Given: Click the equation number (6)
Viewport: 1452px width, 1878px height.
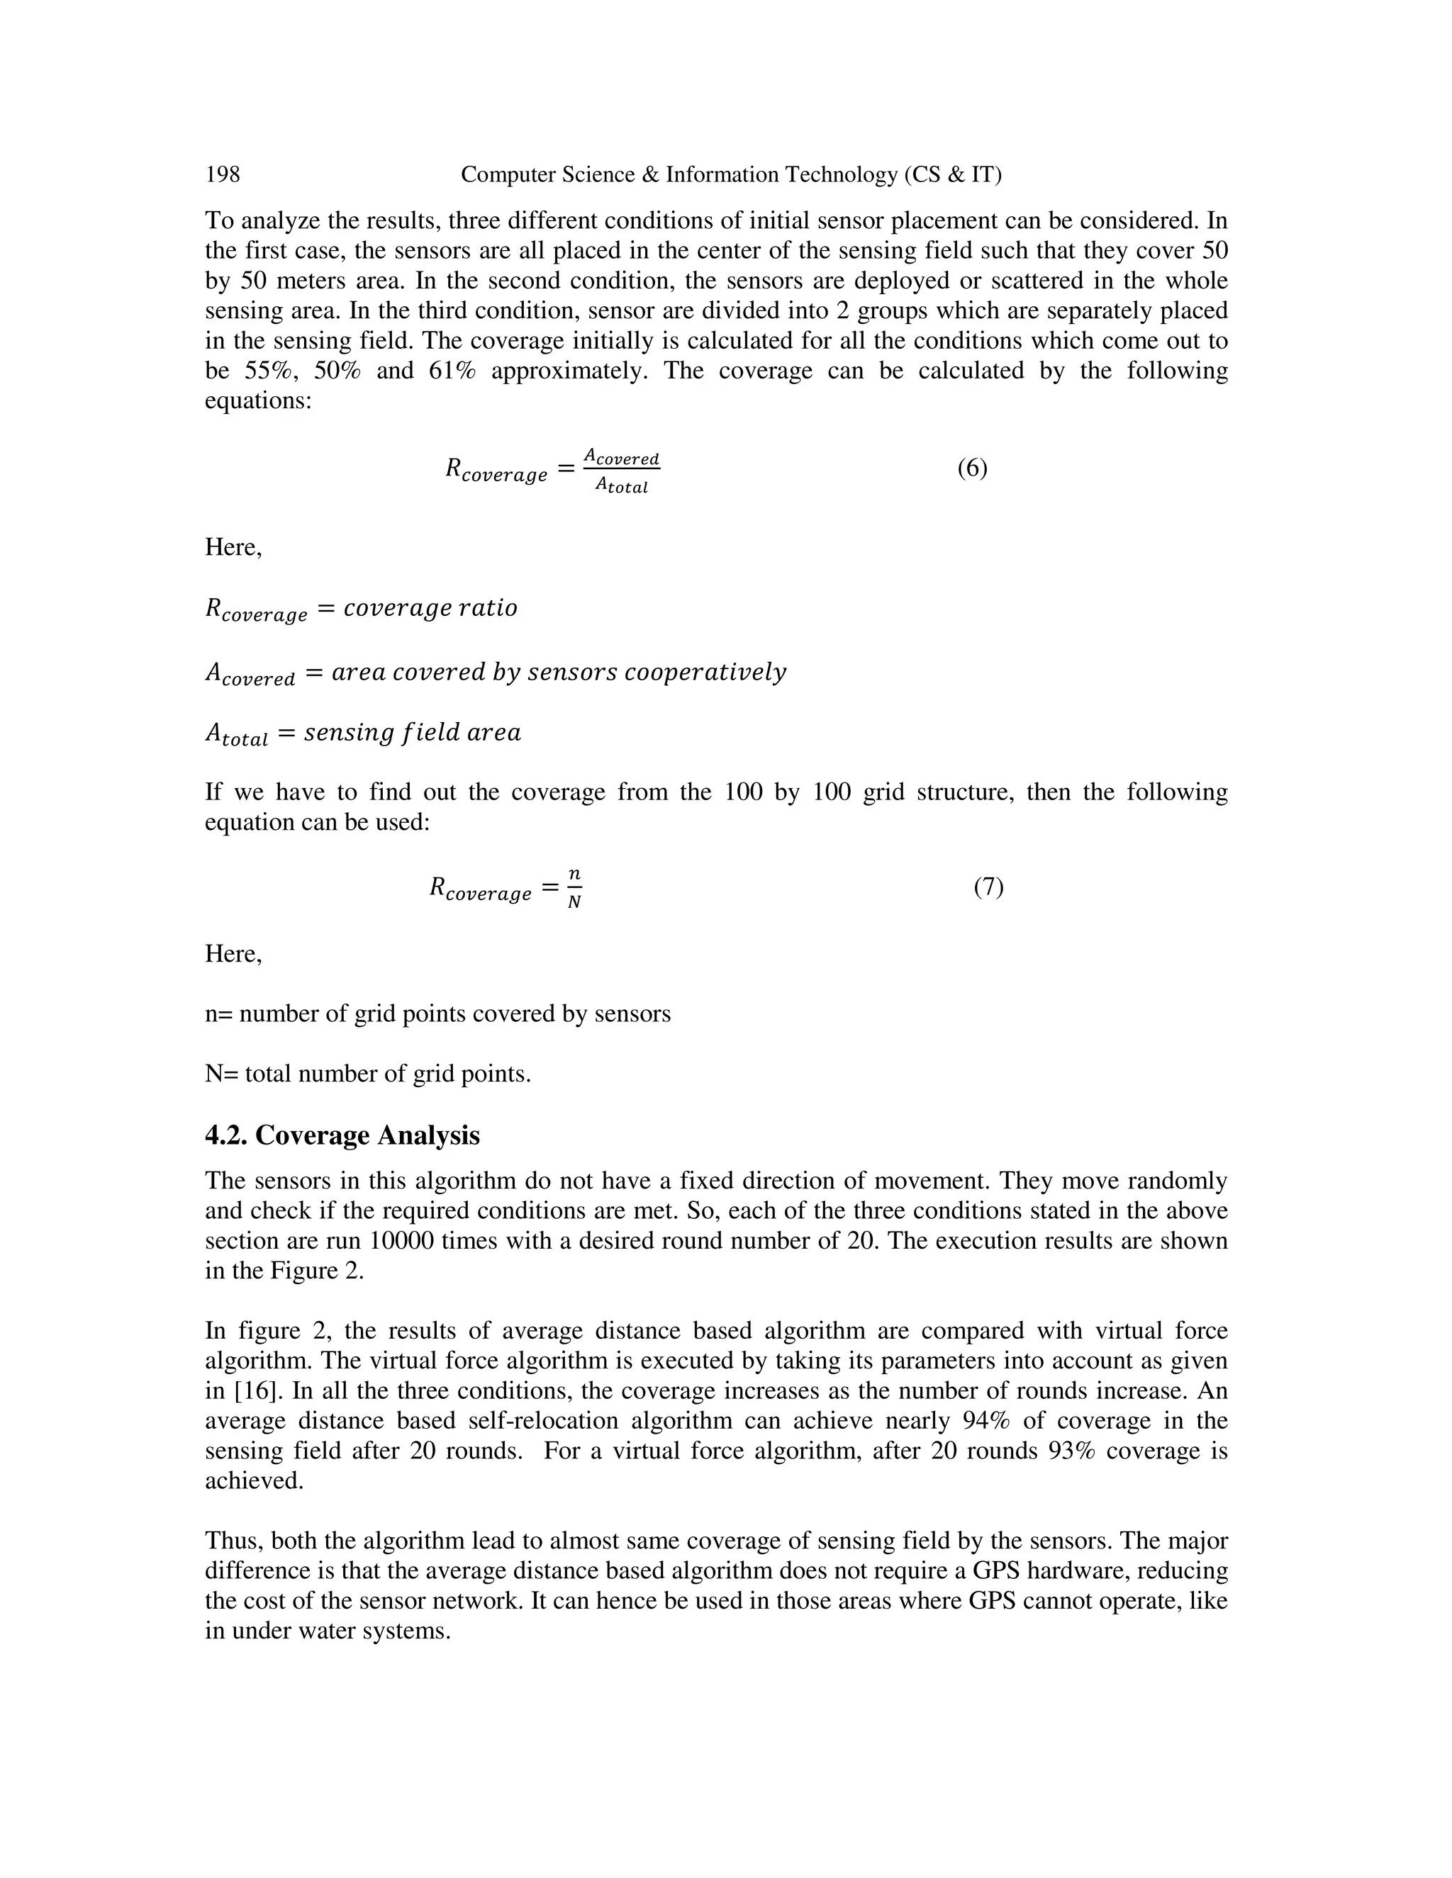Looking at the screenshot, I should (972, 468).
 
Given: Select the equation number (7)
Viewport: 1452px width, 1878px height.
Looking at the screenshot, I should (988, 887).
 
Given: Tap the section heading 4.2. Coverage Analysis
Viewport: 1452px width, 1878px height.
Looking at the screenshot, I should (342, 1135).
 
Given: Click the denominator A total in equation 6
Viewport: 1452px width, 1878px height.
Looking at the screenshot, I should (621, 486).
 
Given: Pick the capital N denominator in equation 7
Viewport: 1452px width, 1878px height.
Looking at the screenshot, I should (574, 903).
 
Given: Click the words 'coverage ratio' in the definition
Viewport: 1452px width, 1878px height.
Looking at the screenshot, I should (430, 609).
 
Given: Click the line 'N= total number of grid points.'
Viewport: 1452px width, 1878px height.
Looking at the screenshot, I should (367, 1074).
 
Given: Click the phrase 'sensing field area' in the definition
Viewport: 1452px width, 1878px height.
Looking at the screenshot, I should (412, 733).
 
